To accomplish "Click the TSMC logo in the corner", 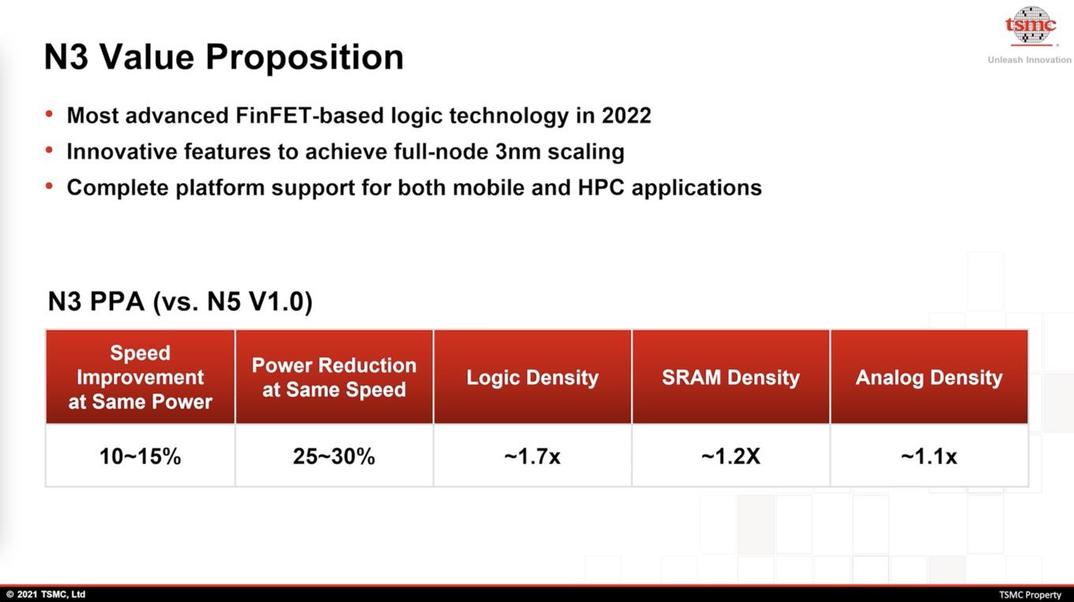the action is (1031, 25).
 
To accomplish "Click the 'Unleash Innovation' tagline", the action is (1030, 60).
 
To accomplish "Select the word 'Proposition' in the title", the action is (305, 58).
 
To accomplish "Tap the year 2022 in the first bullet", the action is (626, 115).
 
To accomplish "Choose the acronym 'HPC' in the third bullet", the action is (601, 187).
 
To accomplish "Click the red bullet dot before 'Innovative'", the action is (49, 151).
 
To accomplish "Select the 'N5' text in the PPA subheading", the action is (224, 301).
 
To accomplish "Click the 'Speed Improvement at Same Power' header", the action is (140, 377).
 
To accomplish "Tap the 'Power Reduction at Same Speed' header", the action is (334, 377).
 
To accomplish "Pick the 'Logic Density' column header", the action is (533, 377).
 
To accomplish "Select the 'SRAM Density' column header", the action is (730, 377).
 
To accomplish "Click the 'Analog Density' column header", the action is (929, 377).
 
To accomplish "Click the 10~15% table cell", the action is (140, 456).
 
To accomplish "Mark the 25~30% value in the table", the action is (334, 456).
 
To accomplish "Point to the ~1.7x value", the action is (532, 456).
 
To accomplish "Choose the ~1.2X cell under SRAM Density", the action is (730, 456).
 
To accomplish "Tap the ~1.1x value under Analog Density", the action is (929, 456).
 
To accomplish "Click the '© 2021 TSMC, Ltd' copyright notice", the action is (46, 594).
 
